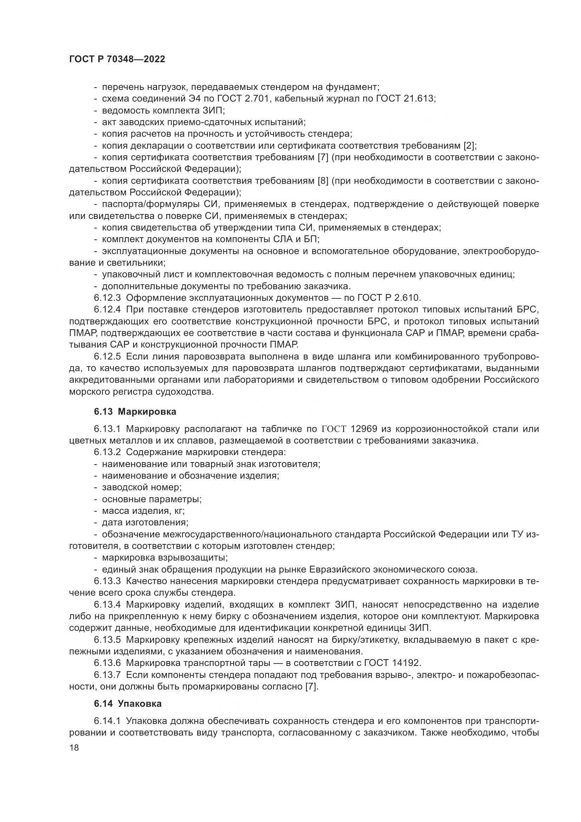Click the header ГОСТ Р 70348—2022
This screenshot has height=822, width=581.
click(117, 59)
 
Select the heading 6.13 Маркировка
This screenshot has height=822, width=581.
click(135, 412)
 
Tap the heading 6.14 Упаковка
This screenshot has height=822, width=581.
click(128, 704)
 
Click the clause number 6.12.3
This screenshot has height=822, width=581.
click(108, 298)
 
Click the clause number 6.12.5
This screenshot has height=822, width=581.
click(108, 357)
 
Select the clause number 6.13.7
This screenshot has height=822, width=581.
click(108, 675)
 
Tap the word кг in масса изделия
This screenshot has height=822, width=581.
click(178, 511)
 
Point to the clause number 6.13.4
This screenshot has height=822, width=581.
click(108, 605)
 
